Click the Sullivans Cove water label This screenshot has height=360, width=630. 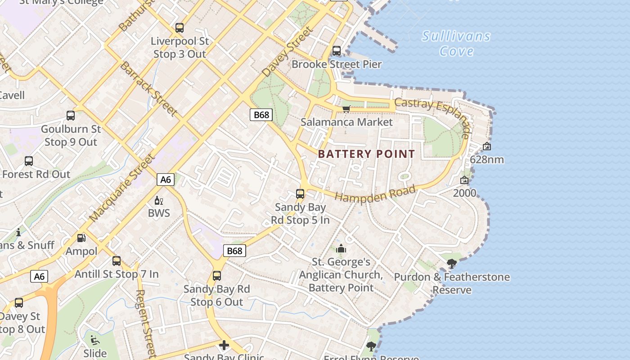456,43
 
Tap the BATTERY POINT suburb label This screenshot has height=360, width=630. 366,154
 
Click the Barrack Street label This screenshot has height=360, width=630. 148,89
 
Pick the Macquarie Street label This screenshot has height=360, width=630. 122,188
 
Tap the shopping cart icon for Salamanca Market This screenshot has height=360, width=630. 346,109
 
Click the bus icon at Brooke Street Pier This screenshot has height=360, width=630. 337,51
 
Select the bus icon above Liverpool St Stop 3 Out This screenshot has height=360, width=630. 180,28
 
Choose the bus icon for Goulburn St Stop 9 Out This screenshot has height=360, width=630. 71,116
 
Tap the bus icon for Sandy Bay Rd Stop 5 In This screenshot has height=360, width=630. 300,194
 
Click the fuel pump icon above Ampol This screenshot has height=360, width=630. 81,238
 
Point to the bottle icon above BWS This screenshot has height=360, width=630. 158,200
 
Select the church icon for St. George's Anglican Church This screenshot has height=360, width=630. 341,248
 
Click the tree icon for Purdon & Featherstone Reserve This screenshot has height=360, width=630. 452,264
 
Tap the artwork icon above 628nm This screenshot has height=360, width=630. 486,146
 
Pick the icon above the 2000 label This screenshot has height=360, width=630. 464,180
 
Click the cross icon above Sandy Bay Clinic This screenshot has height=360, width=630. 224,345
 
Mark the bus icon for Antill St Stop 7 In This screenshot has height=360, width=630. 117,261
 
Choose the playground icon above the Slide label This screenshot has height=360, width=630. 95,340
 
